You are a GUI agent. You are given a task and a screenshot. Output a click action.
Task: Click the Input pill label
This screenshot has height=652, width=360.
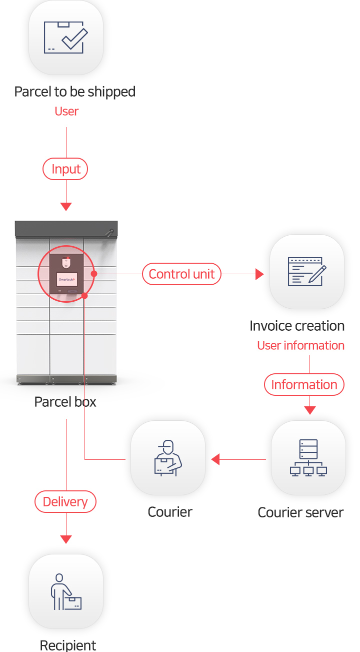click(65, 169)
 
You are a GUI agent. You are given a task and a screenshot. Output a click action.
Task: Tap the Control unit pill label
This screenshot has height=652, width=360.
click(181, 274)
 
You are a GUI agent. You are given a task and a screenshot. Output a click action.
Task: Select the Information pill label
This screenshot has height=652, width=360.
click(304, 384)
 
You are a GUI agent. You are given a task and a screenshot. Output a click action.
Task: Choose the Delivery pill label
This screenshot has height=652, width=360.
click(65, 501)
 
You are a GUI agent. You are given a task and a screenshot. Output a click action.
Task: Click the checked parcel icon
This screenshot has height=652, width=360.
click(65, 37)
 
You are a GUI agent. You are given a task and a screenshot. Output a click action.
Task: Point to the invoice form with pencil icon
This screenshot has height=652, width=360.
click(307, 272)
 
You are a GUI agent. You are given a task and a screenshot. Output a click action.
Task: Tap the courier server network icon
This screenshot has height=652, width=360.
click(308, 457)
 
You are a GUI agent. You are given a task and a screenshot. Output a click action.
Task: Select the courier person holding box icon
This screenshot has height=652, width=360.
click(168, 458)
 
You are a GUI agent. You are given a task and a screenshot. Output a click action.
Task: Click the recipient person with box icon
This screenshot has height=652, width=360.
click(66, 591)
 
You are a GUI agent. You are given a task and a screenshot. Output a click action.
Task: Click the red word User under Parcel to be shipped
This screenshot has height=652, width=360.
click(66, 111)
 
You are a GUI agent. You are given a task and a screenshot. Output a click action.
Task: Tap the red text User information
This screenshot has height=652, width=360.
click(300, 345)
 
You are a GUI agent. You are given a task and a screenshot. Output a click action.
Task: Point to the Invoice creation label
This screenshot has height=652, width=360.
click(297, 326)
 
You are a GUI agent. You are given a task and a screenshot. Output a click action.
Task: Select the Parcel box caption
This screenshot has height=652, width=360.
click(65, 402)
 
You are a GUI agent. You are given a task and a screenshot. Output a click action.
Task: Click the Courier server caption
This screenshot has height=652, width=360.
click(300, 512)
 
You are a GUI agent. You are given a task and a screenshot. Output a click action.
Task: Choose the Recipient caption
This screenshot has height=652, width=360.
click(68, 645)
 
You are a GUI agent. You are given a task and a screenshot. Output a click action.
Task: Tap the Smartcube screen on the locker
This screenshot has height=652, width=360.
click(66, 279)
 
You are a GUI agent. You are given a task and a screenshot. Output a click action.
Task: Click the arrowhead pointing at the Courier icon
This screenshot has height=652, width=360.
click(215, 459)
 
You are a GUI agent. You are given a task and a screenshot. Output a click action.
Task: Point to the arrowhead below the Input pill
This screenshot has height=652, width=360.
click(66, 206)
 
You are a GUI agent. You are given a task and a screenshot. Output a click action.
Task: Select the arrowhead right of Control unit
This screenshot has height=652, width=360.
click(259, 274)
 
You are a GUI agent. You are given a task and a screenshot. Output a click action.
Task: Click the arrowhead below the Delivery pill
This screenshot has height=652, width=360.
click(66, 539)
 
